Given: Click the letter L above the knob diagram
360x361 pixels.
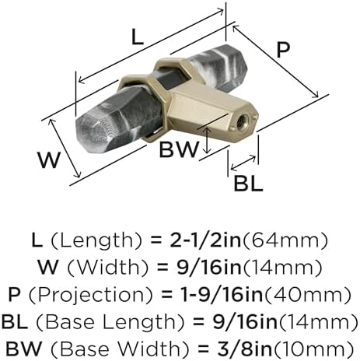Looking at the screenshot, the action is coord(138,37).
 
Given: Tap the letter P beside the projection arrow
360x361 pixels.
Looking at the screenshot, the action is coord(283,50).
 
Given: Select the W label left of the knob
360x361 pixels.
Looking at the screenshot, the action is coord(49,160).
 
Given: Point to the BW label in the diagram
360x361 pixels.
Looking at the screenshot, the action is coord(179,149).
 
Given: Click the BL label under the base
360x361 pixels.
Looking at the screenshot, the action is coord(248,183).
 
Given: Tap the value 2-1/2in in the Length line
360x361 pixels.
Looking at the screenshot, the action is coord(205,240).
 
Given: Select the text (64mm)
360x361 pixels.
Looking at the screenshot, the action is coord(285,240).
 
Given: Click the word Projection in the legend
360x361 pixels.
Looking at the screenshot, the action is coord(90,295).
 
